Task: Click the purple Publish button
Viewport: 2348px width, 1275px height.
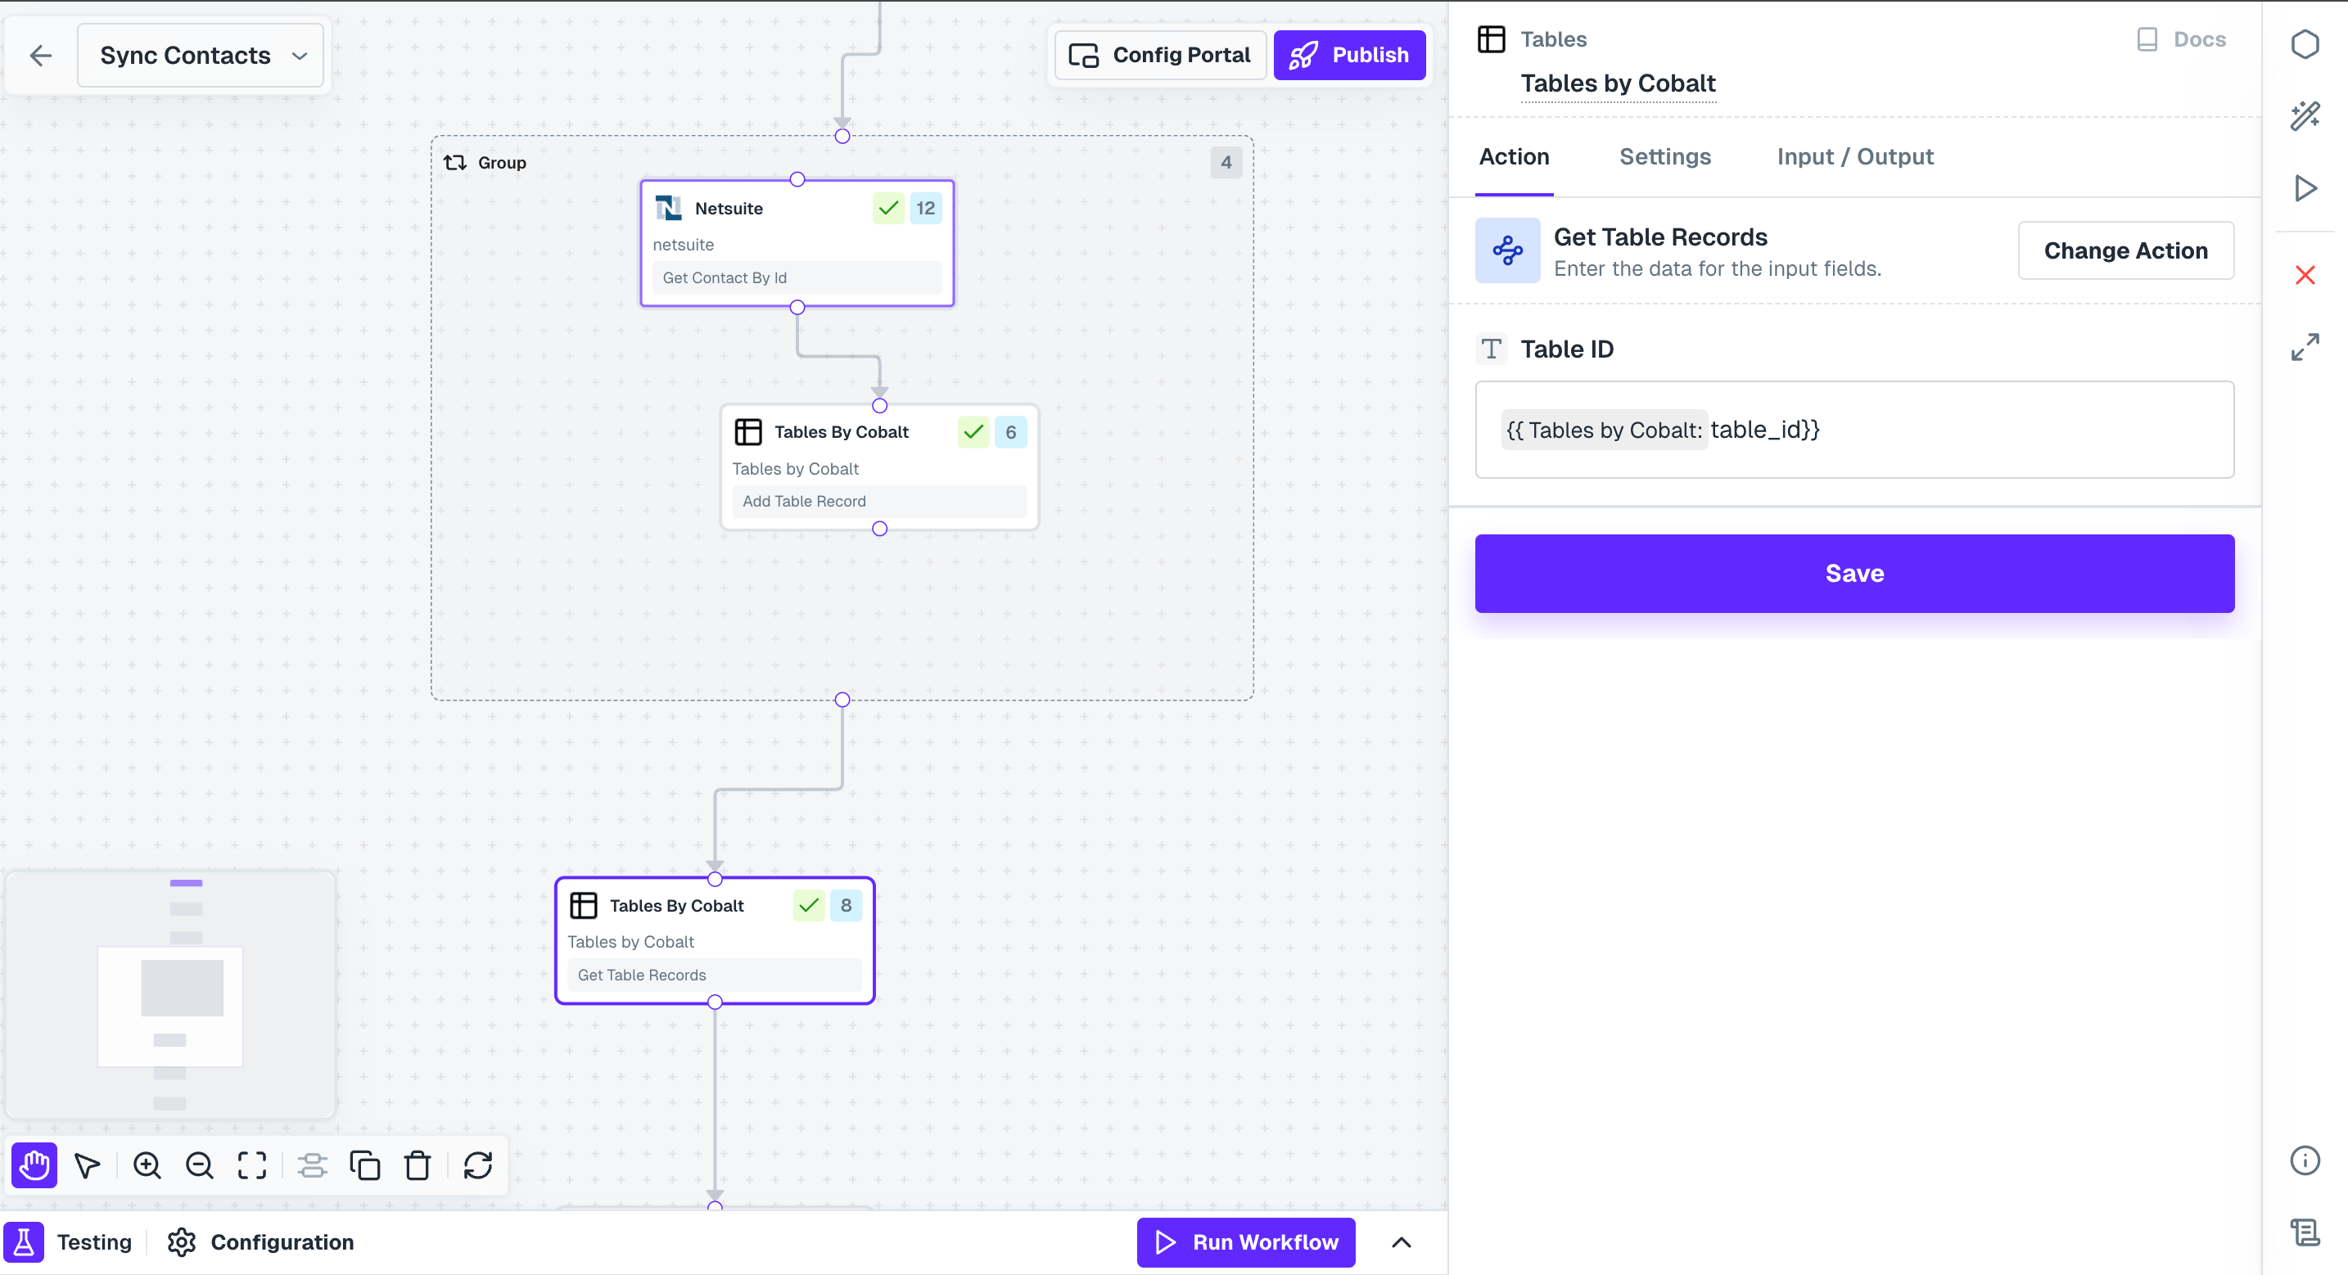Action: (x=1349, y=55)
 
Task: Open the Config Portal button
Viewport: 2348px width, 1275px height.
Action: (x=1160, y=55)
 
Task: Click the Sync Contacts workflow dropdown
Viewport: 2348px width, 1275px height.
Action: (x=201, y=56)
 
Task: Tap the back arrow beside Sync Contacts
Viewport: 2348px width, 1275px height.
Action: (x=41, y=56)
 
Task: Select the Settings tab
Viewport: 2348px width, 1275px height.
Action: (x=1664, y=157)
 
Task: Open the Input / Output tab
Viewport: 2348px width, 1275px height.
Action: (x=1855, y=157)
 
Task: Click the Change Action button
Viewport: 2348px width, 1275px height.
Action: (x=2125, y=250)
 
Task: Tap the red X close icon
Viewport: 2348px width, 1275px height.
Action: (x=2305, y=275)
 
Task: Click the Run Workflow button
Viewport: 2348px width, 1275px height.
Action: (x=1246, y=1242)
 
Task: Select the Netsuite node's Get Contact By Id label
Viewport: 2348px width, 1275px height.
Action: (x=725, y=278)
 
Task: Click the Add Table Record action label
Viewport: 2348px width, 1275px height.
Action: (x=804, y=502)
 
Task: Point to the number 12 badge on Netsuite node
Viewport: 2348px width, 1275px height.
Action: (x=925, y=209)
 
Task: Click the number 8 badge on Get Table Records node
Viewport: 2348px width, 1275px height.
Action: (x=846, y=906)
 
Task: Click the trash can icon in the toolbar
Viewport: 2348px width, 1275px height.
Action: (x=418, y=1165)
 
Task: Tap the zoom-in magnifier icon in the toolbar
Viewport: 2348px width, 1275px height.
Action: (x=147, y=1165)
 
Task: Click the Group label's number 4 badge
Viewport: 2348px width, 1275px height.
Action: (x=1226, y=163)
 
